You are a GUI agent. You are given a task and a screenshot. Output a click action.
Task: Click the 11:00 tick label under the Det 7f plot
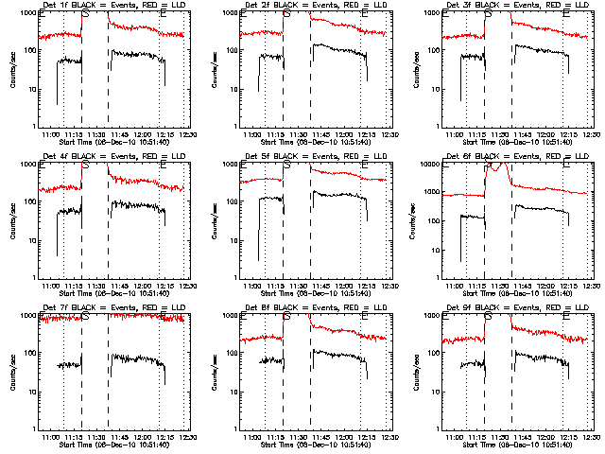click(x=51, y=438)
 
